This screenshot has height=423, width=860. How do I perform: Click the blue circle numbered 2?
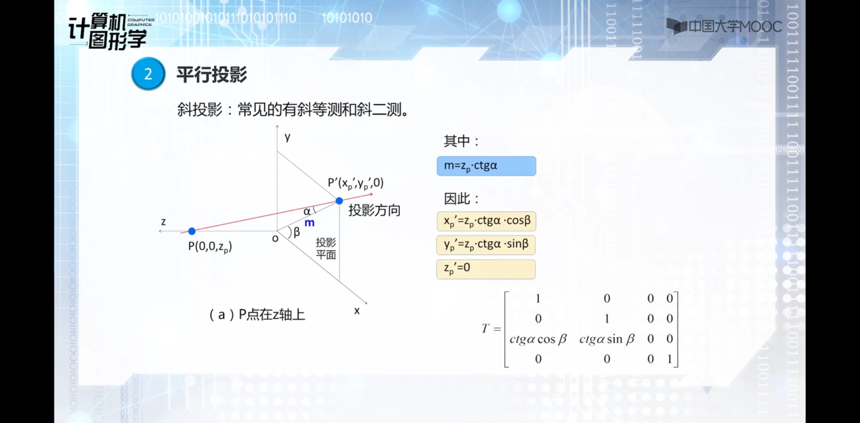click(148, 74)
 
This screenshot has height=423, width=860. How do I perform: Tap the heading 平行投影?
click(212, 75)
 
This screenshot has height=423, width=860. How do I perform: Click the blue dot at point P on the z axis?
click(192, 231)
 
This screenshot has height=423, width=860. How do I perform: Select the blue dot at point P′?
click(339, 200)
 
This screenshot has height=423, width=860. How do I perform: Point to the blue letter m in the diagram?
click(310, 223)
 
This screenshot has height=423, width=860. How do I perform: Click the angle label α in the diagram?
click(307, 211)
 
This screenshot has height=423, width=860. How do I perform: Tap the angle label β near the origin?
click(297, 232)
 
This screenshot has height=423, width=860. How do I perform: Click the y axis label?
click(288, 137)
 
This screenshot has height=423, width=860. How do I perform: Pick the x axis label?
click(357, 311)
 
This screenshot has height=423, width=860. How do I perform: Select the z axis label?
click(164, 222)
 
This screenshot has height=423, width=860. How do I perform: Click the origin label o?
click(275, 238)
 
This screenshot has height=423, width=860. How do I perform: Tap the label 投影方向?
click(374, 210)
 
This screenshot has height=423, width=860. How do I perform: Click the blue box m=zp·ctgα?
click(486, 166)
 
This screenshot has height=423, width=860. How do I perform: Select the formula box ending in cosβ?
click(486, 221)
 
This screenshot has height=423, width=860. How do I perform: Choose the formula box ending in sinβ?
click(486, 245)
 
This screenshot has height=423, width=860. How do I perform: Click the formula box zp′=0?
click(486, 269)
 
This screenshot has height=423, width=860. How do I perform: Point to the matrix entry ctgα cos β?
click(538, 339)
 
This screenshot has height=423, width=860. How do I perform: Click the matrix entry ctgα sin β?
click(607, 339)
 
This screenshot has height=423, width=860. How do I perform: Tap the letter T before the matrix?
click(485, 329)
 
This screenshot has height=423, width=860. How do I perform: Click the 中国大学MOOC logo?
click(724, 27)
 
